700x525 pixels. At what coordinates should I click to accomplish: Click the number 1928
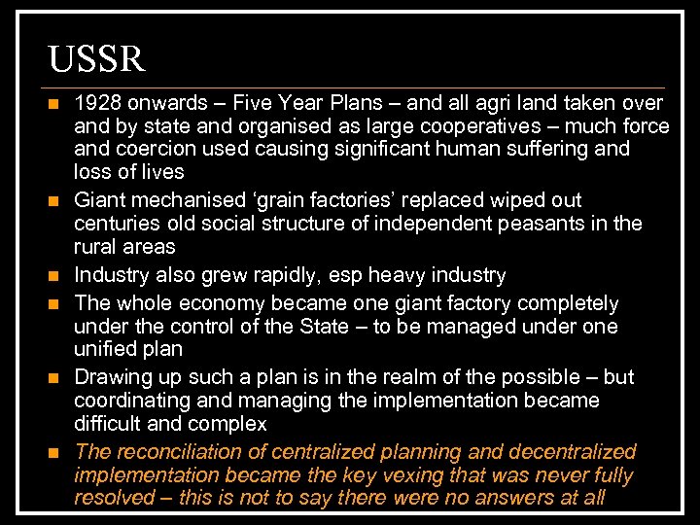[x=97, y=103]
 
